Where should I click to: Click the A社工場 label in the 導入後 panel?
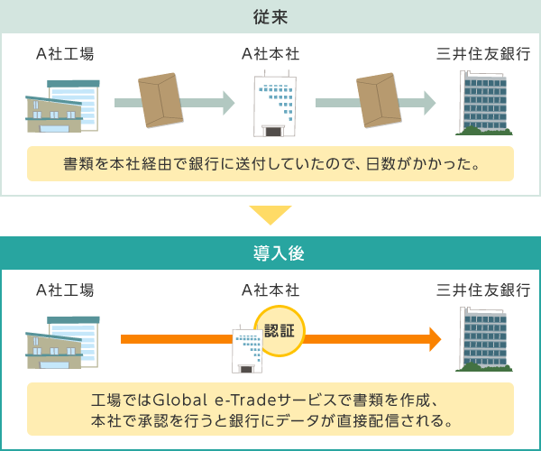click(x=64, y=290)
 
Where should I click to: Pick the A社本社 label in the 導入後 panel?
click(x=270, y=290)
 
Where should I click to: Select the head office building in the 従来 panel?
click(x=271, y=106)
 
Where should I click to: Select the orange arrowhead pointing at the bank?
click(x=435, y=340)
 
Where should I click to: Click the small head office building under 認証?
click(x=246, y=350)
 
